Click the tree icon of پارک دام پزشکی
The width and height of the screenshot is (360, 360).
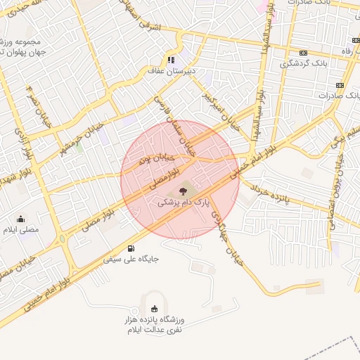182,189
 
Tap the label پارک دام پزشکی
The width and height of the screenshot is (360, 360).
183,202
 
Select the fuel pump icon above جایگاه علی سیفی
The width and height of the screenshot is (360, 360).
131,247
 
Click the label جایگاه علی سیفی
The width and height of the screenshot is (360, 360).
132,259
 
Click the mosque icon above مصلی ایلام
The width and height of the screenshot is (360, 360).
20,218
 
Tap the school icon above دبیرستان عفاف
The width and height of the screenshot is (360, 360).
171,60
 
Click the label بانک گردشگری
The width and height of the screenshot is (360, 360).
303,63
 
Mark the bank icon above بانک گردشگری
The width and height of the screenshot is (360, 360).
303,53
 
